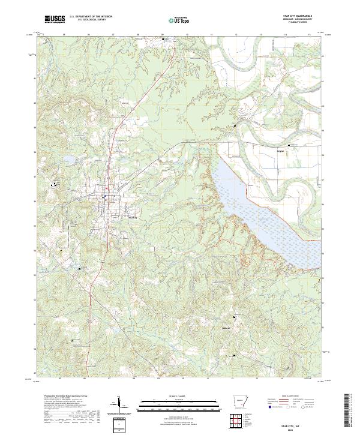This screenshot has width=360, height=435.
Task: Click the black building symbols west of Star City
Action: pyautogui.click(x=58, y=184)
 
